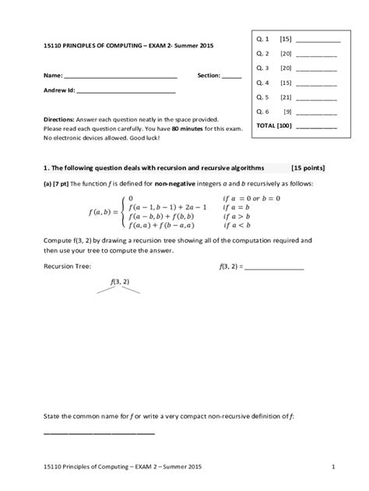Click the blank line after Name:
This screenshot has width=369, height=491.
coord(120,78)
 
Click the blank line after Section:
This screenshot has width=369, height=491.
coord(231,78)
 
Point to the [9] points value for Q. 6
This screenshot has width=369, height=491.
coord(287,112)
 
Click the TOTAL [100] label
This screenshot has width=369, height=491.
coord(275,125)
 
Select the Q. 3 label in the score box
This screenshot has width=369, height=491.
coord(262,68)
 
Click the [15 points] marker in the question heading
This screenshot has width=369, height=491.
coord(308,168)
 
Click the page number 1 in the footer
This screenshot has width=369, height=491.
coord(332,467)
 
